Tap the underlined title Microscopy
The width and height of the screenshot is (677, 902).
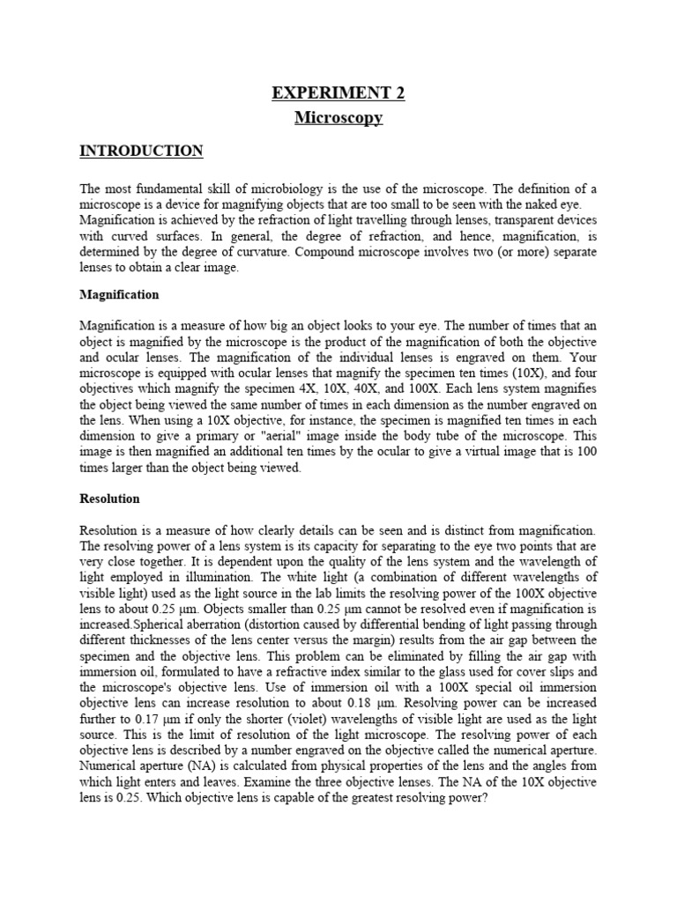tap(338, 117)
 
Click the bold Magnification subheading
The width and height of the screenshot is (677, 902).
tap(119, 294)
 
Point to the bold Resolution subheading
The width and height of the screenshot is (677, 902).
tap(110, 499)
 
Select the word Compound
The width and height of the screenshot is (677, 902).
tap(329, 253)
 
